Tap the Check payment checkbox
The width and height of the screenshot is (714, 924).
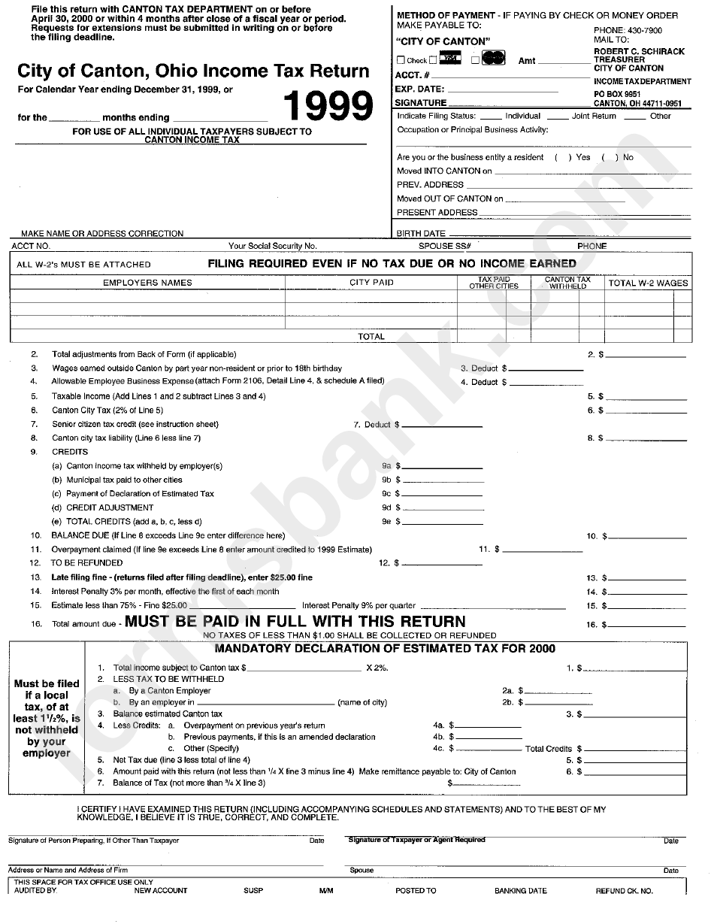point(401,60)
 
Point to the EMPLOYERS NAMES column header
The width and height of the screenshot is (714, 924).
point(147,283)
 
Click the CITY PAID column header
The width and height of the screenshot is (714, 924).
point(371,283)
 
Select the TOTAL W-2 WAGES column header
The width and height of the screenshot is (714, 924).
point(648,283)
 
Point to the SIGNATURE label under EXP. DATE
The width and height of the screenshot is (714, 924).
point(421,102)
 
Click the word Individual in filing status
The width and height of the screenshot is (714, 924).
point(522,116)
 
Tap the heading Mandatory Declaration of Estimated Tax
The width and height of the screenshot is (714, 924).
point(385,649)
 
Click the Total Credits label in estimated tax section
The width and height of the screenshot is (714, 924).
point(549,749)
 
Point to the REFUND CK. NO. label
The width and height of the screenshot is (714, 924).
point(624,891)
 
